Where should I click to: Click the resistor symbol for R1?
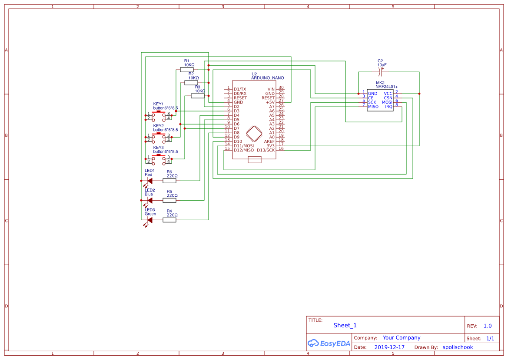[187, 70]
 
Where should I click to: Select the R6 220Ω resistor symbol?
[169, 181]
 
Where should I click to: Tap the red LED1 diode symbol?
[149, 181]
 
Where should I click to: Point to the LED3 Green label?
[150, 212]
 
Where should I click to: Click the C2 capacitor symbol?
[381, 69]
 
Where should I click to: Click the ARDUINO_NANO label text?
[267, 78]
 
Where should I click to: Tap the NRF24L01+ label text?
[386, 87]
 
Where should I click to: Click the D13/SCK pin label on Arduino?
[266, 150]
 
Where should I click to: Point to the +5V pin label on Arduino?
[270, 102]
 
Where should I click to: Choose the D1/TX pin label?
[240, 89]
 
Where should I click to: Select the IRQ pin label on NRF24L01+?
[388, 107]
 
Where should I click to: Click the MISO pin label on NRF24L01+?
[373, 107]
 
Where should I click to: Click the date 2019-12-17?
[389, 347]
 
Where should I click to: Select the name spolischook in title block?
[458, 347]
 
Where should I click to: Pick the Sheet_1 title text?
[345, 325]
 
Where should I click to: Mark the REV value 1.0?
[488, 326]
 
